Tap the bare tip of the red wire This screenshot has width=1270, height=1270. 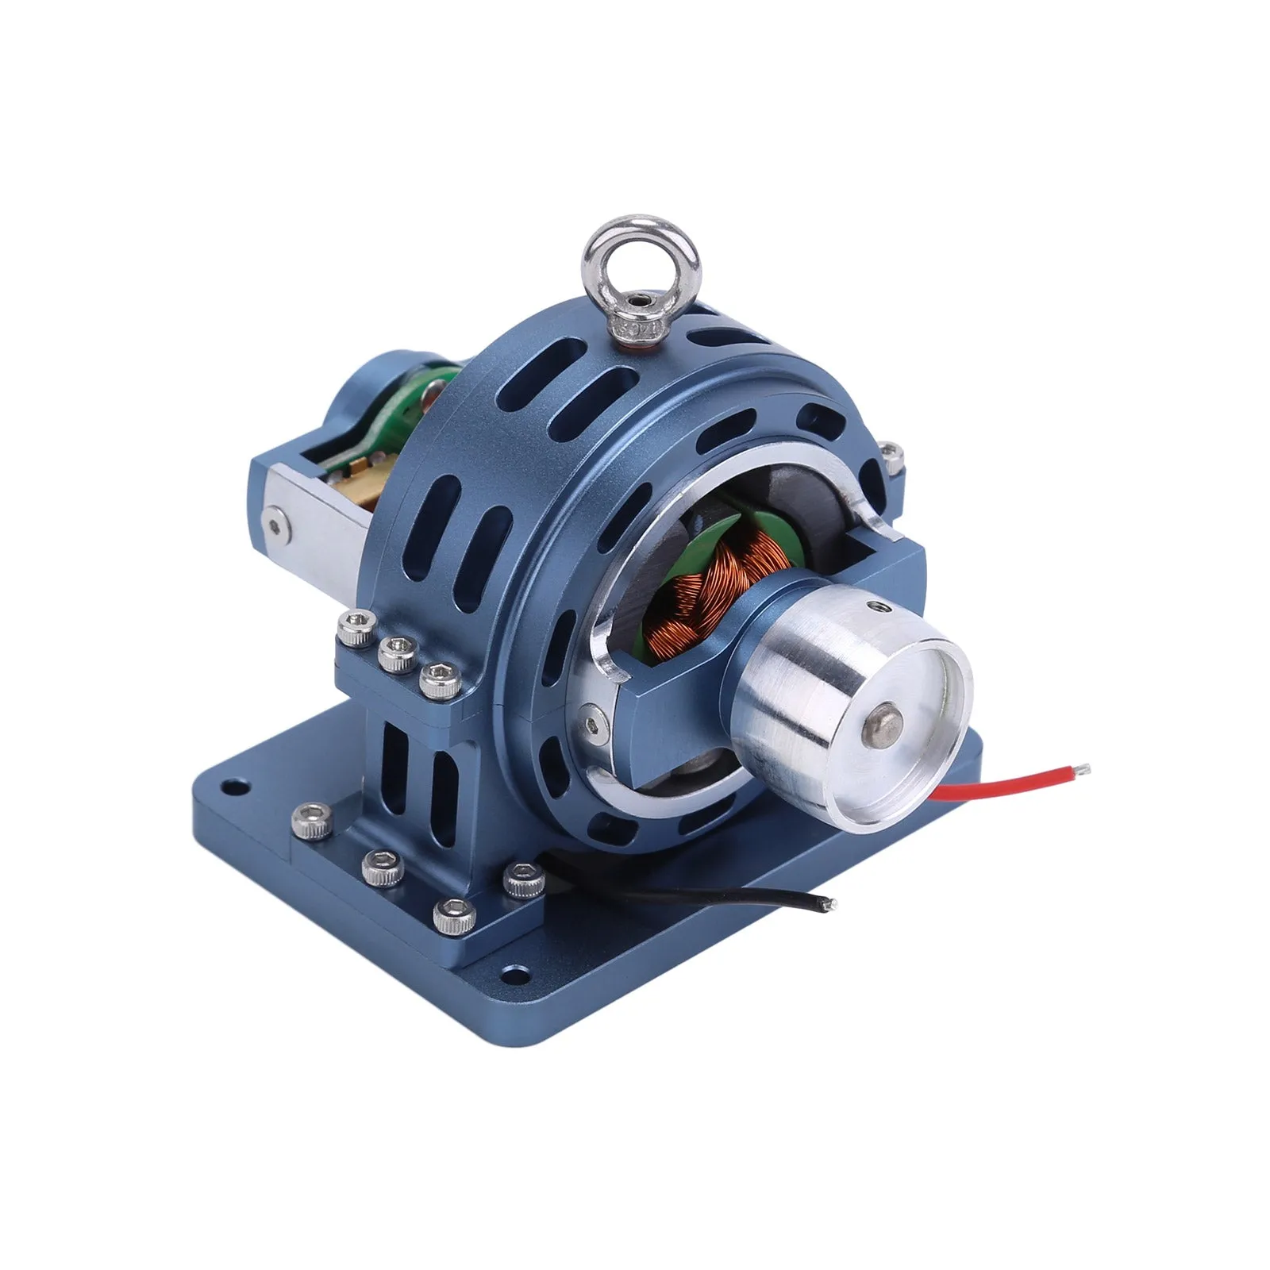pyautogui.click(x=1084, y=768)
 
